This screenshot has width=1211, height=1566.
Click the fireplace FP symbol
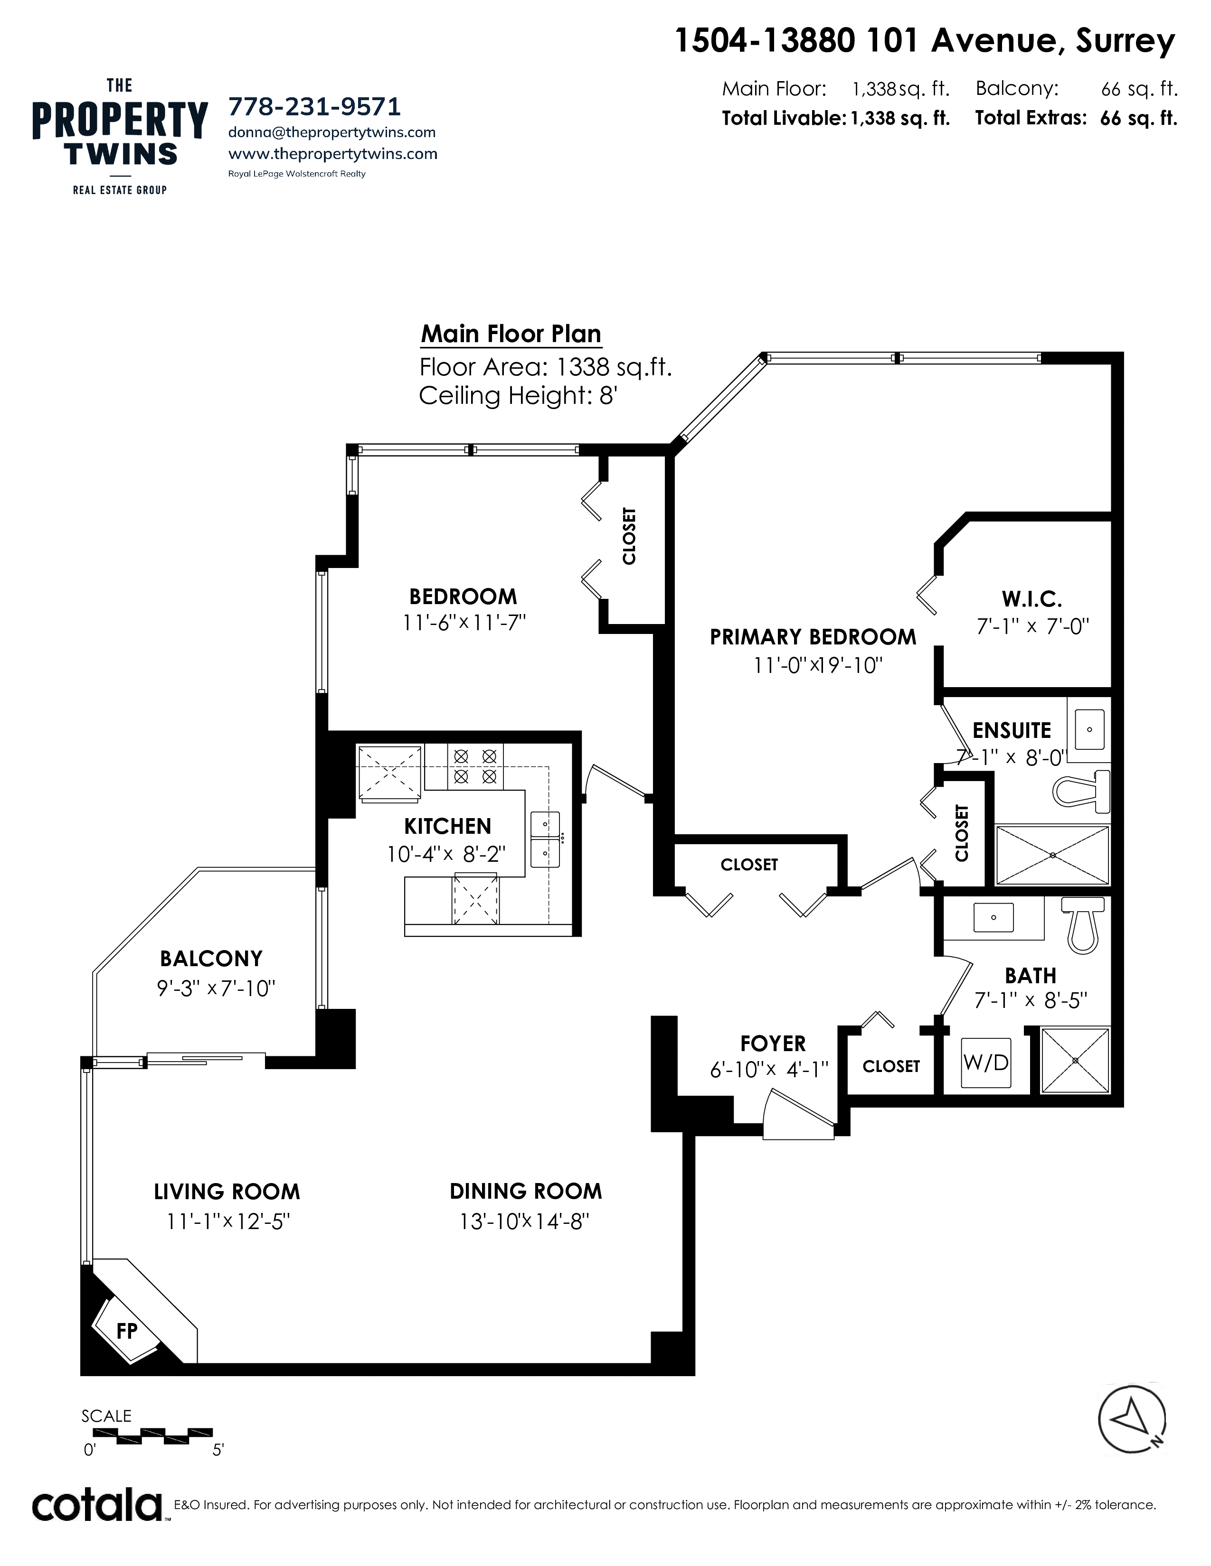127,1330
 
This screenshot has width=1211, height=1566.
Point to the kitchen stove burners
475,766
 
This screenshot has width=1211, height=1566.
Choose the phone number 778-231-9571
314,106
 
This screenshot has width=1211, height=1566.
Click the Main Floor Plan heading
511,334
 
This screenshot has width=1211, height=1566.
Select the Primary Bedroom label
813,637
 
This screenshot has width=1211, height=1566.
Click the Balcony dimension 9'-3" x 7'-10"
216,989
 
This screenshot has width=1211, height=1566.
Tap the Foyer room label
773,1043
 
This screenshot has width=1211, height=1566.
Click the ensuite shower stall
1052,855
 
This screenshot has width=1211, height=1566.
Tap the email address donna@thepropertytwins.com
331,133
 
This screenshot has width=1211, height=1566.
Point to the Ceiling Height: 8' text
518,395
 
